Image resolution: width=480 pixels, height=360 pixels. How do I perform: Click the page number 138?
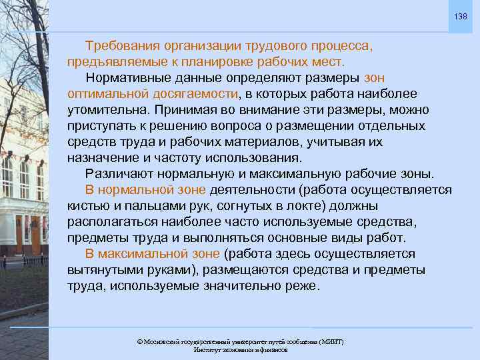(x=461, y=16)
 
